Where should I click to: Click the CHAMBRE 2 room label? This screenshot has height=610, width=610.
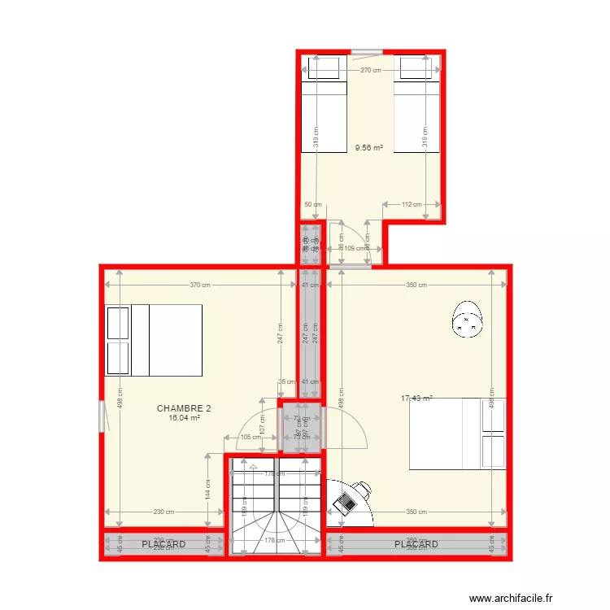(x=184, y=408)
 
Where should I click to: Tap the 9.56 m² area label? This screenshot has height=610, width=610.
(x=368, y=149)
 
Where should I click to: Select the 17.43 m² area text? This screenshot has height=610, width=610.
(x=416, y=399)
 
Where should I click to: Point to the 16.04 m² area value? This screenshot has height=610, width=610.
(x=184, y=418)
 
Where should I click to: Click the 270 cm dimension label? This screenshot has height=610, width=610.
(x=371, y=71)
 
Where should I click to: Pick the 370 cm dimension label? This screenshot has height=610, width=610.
(x=200, y=285)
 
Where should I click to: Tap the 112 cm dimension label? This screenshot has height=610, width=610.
(x=412, y=204)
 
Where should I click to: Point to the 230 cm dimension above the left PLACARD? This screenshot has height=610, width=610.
(x=164, y=512)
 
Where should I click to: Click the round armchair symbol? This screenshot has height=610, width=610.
(x=468, y=318)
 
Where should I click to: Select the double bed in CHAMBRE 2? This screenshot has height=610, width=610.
(x=154, y=340)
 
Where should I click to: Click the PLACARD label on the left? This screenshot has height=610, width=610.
(x=163, y=543)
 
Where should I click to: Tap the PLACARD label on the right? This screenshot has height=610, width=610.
(x=416, y=543)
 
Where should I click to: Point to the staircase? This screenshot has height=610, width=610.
(x=276, y=505)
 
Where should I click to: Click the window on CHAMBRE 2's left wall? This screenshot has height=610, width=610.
(x=102, y=416)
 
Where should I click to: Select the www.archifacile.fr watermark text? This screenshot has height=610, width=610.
(x=511, y=597)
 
